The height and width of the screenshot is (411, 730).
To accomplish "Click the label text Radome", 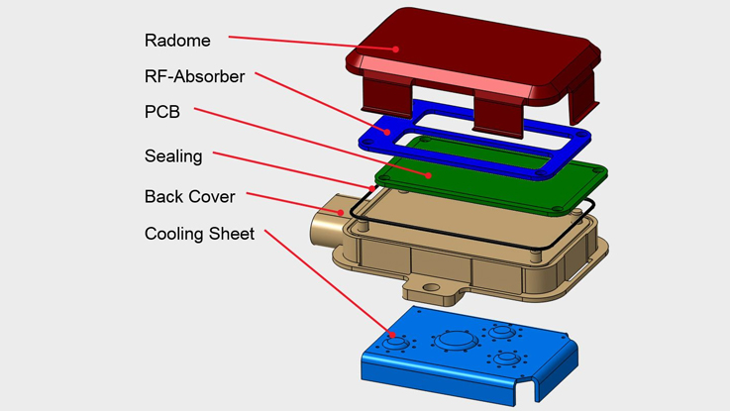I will tap(176, 41).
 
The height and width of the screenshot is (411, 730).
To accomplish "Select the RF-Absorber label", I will tap(194, 76).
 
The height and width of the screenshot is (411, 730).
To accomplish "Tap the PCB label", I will tap(162, 113).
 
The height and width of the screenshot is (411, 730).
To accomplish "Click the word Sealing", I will tap(173, 155).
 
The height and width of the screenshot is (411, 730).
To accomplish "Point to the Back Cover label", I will tap(189, 196).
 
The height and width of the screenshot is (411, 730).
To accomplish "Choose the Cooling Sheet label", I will tap(199, 235).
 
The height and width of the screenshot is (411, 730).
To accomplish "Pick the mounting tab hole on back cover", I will tap(431, 290).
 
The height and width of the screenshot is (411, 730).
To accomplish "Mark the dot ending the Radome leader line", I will tap(395, 49).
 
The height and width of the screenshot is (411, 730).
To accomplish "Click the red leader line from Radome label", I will tap(312, 44).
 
